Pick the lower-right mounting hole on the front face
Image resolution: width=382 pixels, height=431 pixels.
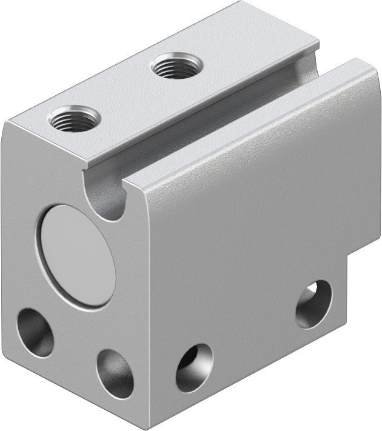115,373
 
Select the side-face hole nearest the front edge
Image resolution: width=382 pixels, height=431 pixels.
194,367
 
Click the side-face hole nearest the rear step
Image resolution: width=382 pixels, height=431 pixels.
313,304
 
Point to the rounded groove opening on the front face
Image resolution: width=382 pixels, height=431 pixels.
109,197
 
